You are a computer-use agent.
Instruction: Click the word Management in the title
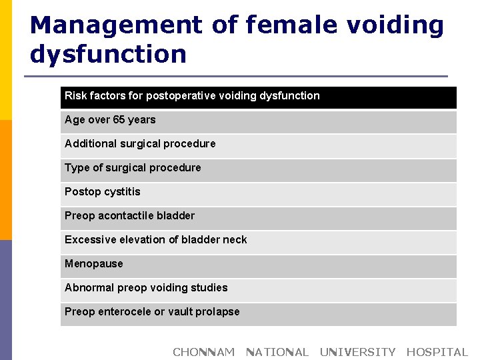pos(115,25)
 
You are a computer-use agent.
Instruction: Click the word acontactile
pos(127,216)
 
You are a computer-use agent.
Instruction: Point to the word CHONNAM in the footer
pos(203,352)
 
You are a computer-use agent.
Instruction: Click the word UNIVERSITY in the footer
pos(357,352)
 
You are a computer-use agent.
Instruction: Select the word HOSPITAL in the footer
pos(437,352)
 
